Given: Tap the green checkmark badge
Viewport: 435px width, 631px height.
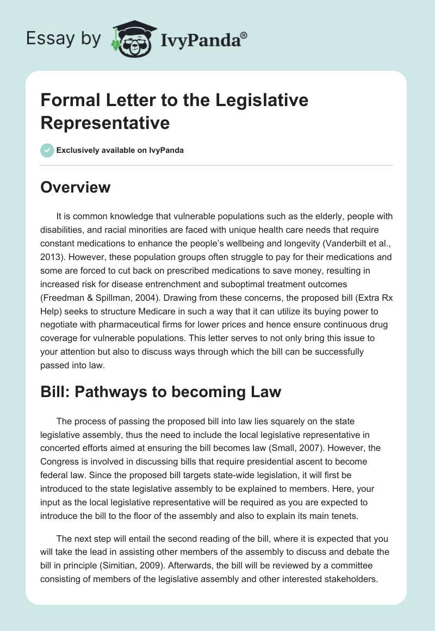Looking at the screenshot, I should pos(47,150).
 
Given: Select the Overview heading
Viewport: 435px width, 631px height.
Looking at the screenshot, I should pos(76,188).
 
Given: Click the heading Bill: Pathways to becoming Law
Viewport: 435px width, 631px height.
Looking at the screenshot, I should pos(161,392).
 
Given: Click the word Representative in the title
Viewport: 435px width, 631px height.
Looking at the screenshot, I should pos(105,122).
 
